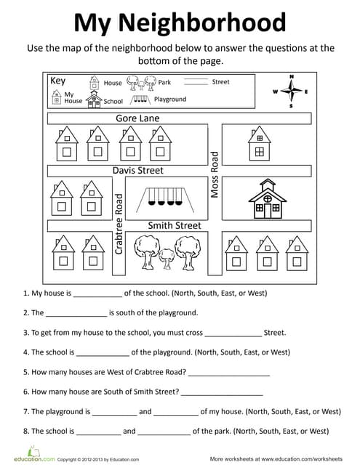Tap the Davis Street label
[x=138, y=171]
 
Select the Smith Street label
[x=175, y=225]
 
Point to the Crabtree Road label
[x=120, y=223]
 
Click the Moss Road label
[x=215, y=174]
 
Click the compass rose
[x=291, y=92]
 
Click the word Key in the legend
[x=58, y=81]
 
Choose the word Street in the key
[x=220, y=82]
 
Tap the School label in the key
[x=113, y=102]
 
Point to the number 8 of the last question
[x=25, y=431]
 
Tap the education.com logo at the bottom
[x=29, y=459]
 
